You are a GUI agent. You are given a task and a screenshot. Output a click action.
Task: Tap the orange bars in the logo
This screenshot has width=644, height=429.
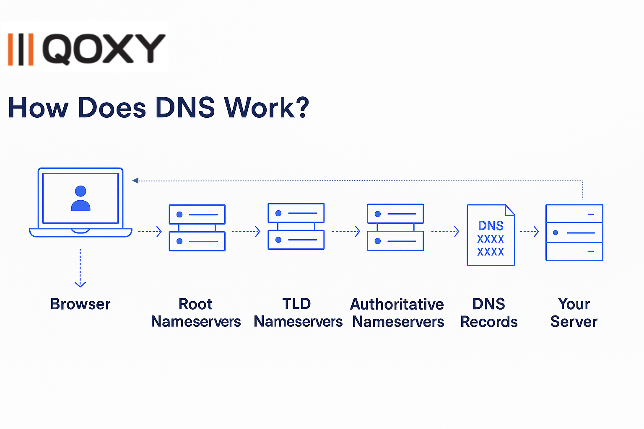point(21,49)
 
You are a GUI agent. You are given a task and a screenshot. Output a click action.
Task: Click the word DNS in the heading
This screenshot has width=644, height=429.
point(185,108)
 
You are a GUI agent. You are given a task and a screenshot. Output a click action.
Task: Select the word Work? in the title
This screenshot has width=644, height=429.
point(267,108)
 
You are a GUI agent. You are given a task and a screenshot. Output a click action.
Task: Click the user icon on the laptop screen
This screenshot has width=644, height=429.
point(80,199)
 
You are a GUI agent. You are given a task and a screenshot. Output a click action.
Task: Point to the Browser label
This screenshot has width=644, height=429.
point(80,304)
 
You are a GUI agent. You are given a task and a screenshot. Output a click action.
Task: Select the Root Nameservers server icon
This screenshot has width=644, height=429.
point(197,228)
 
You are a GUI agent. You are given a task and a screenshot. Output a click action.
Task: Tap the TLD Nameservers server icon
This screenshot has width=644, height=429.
point(296,226)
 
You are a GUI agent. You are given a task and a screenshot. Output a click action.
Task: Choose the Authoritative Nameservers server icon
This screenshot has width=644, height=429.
point(395,227)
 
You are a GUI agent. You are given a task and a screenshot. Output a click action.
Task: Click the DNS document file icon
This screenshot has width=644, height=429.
point(491,235)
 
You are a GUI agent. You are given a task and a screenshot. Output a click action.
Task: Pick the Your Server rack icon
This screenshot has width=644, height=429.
point(574,233)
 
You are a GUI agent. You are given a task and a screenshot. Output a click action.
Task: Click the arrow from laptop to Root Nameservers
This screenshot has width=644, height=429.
point(150,231)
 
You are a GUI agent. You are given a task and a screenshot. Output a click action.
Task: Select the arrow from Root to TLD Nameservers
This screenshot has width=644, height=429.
point(246,231)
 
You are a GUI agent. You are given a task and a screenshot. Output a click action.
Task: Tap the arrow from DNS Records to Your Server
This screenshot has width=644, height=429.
point(530,231)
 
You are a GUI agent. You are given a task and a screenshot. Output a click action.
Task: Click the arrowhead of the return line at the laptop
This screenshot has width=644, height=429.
point(135,181)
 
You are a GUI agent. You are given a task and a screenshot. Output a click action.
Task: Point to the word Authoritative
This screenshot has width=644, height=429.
point(397,304)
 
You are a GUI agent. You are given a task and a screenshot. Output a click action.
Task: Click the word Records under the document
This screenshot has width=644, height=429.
point(489,322)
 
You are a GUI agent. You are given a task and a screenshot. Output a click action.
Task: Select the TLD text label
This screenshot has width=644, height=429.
point(296,304)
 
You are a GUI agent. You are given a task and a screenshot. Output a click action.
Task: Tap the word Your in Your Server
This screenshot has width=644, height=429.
point(574,304)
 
